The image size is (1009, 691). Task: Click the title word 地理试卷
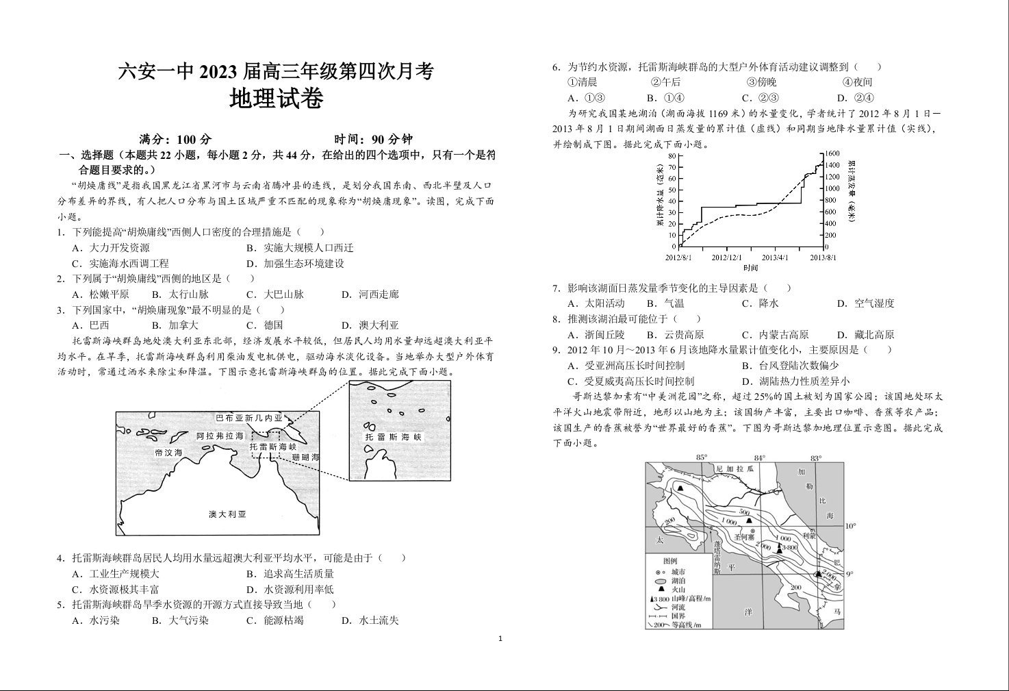pyautogui.click(x=276, y=100)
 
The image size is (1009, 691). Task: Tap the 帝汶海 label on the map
pyautogui.click(x=168, y=453)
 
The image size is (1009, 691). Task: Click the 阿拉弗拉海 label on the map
pyautogui.click(x=220, y=436)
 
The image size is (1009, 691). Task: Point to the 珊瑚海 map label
pyautogui.click(x=305, y=457)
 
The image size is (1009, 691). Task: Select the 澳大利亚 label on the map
pyautogui.click(x=227, y=514)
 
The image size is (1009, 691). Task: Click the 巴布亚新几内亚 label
pyautogui.click(x=248, y=418)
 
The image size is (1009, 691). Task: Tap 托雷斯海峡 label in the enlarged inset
pyautogui.click(x=394, y=437)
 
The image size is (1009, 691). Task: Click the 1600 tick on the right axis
pyautogui.click(x=832, y=154)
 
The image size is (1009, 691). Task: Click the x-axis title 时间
pyautogui.click(x=750, y=268)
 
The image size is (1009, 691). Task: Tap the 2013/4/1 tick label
pyautogui.click(x=775, y=257)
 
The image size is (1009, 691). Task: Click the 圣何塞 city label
pyautogui.click(x=743, y=538)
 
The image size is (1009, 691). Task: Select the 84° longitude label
pyautogui.click(x=759, y=457)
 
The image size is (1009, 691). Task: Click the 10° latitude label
pyautogui.click(x=850, y=526)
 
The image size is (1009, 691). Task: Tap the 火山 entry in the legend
pyautogui.click(x=678, y=589)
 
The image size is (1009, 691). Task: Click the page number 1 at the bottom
pyautogui.click(x=500, y=639)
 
